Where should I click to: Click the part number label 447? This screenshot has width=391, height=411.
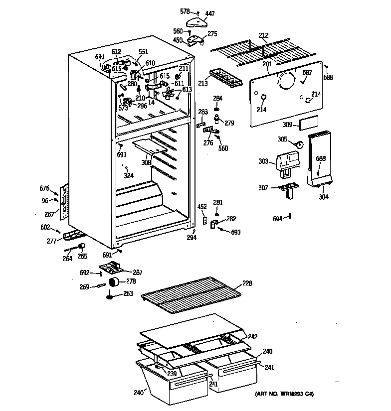pyautogui.click(x=210, y=13)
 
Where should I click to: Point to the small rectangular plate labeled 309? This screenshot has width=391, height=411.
pyautogui.click(x=309, y=125)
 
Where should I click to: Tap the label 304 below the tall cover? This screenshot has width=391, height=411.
pyautogui.click(x=324, y=196)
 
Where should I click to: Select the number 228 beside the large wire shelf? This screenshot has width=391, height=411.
pyautogui.click(x=247, y=283)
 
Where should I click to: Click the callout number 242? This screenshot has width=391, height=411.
pyautogui.click(x=252, y=336)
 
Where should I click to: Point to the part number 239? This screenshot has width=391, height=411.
pyautogui.click(x=172, y=374)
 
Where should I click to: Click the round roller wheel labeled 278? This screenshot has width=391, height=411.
pyautogui.click(x=115, y=283)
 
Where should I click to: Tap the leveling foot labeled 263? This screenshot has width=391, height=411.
pyautogui.click(x=108, y=298)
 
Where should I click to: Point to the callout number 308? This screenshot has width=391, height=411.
pyautogui.click(x=146, y=162)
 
